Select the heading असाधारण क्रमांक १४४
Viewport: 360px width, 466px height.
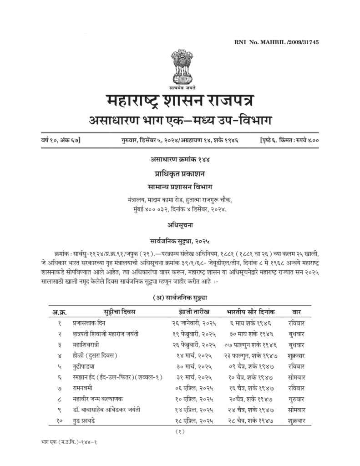click(x=180, y=159)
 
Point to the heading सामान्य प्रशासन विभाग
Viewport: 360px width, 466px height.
click(x=180, y=187)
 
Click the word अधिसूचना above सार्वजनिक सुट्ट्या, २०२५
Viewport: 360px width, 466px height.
click(x=180, y=224)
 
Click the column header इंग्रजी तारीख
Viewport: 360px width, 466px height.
click(x=194, y=312)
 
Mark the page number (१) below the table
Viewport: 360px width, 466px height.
click(x=180, y=431)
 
